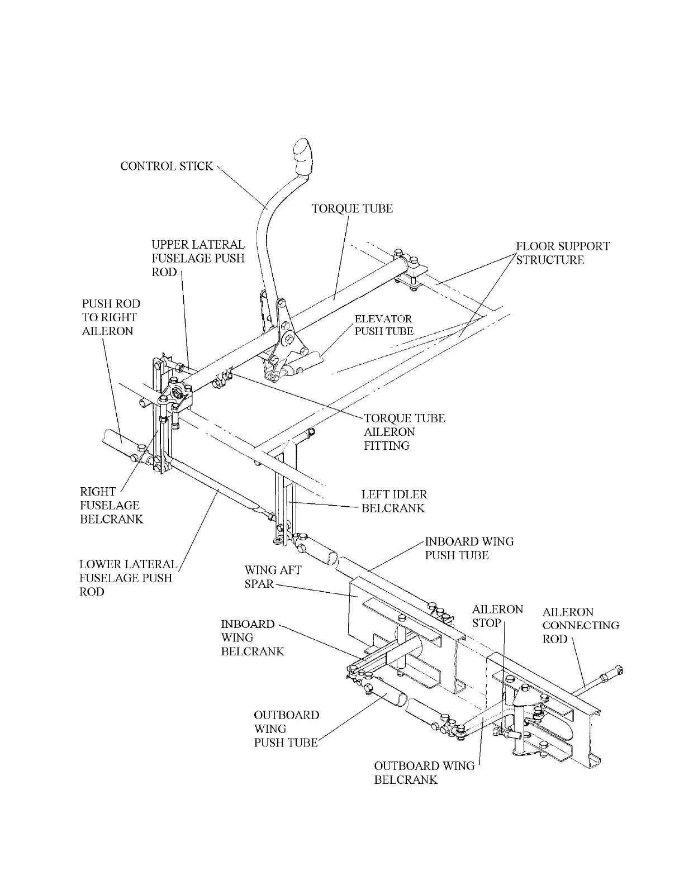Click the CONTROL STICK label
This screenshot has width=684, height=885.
[x=167, y=166]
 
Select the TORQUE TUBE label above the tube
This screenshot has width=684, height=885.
[x=352, y=208]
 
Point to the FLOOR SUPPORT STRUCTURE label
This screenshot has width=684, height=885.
[x=562, y=253]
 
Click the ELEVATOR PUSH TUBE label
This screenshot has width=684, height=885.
[x=384, y=325]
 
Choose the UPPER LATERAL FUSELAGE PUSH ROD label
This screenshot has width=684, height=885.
[x=198, y=258]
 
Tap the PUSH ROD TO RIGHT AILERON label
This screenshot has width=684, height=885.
[x=111, y=317]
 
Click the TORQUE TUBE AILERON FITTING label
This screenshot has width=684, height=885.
[x=404, y=431]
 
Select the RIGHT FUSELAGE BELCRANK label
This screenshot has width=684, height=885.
[x=111, y=505]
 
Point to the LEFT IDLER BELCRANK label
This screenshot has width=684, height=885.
[x=394, y=501]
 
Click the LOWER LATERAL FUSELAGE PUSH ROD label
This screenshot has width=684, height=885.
[x=128, y=578]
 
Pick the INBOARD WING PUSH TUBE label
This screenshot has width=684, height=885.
[x=469, y=548]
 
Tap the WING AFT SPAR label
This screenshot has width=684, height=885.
[x=273, y=577]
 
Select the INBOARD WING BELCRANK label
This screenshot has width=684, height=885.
[x=252, y=637]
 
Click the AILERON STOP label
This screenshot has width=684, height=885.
[x=497, y=616]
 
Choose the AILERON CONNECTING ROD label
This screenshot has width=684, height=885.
[x=581, y=625]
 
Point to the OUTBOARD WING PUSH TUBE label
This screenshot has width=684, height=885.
[x=286, y=729]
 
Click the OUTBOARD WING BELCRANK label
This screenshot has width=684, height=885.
[x=424, y=773]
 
